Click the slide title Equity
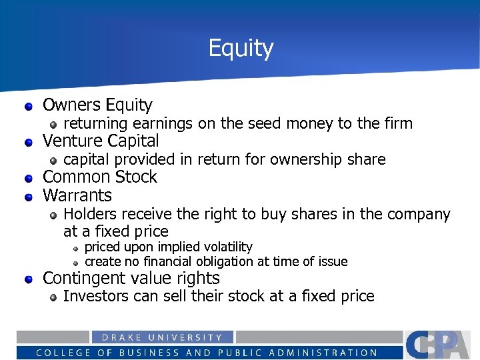(x=241, y=48)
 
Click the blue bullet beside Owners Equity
(x=29, y=106)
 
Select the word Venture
(x=69, y=141)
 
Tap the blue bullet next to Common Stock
(x=29, y=178)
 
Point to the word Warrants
(x=77, y=195)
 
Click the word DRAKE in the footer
(x=115, y=338)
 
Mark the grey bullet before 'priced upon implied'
(x=76, y=248)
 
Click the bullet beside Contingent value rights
(x=29, y=279)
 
